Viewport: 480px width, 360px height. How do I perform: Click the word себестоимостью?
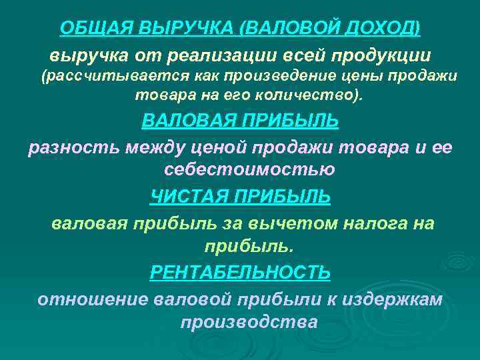[x=249, y=169]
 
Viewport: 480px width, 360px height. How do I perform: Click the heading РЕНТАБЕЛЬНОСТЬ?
[x=240, y=273]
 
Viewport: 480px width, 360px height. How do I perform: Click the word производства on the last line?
[x=249, y=322]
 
